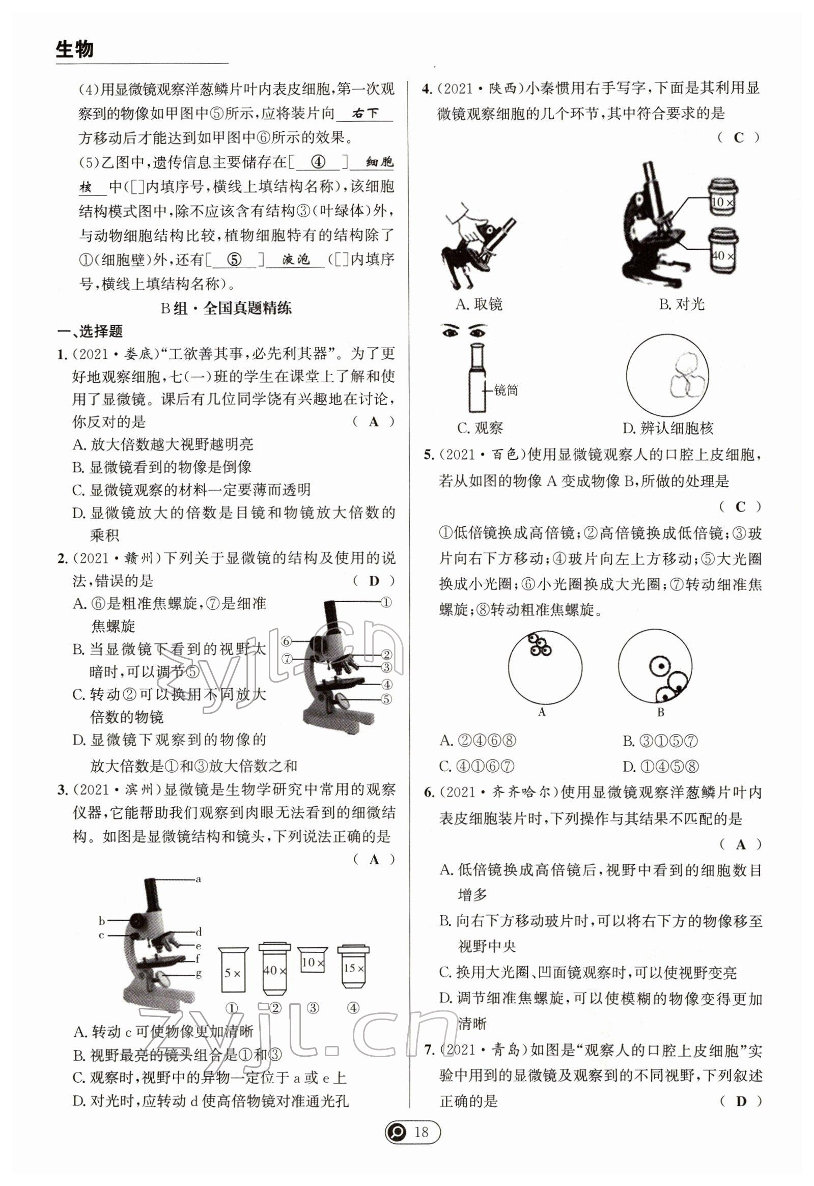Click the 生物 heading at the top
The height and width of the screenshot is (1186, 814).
[x=74, y=49]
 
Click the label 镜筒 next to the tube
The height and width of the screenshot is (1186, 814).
[x=506, y=390]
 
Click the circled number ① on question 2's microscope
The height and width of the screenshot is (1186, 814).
[x=386, y=602]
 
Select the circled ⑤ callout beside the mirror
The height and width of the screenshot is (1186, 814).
[x=386, y=699]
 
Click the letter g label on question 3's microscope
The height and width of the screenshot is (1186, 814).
[x=199, y=974]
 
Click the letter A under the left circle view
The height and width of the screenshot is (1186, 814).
[x=542, y=713]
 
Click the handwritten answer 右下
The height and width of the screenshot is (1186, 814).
[x=364, y=114]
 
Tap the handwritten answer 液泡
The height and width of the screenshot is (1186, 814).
[x=296, y=260]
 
